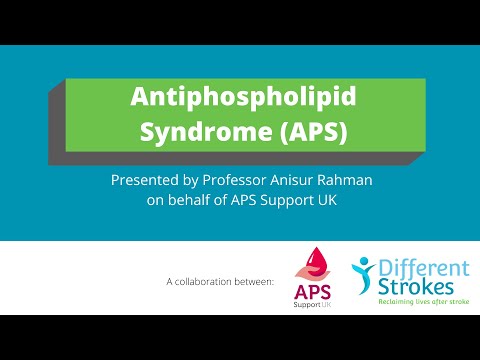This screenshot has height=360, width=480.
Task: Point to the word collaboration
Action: coord(212,283)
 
